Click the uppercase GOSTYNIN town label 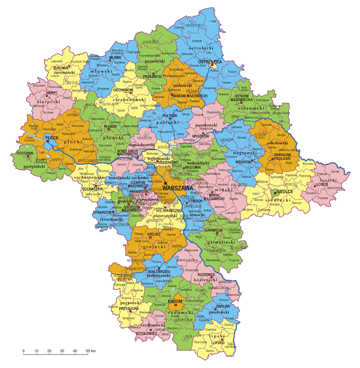tap(25, 154)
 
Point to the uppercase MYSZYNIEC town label tap(195, 27)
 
